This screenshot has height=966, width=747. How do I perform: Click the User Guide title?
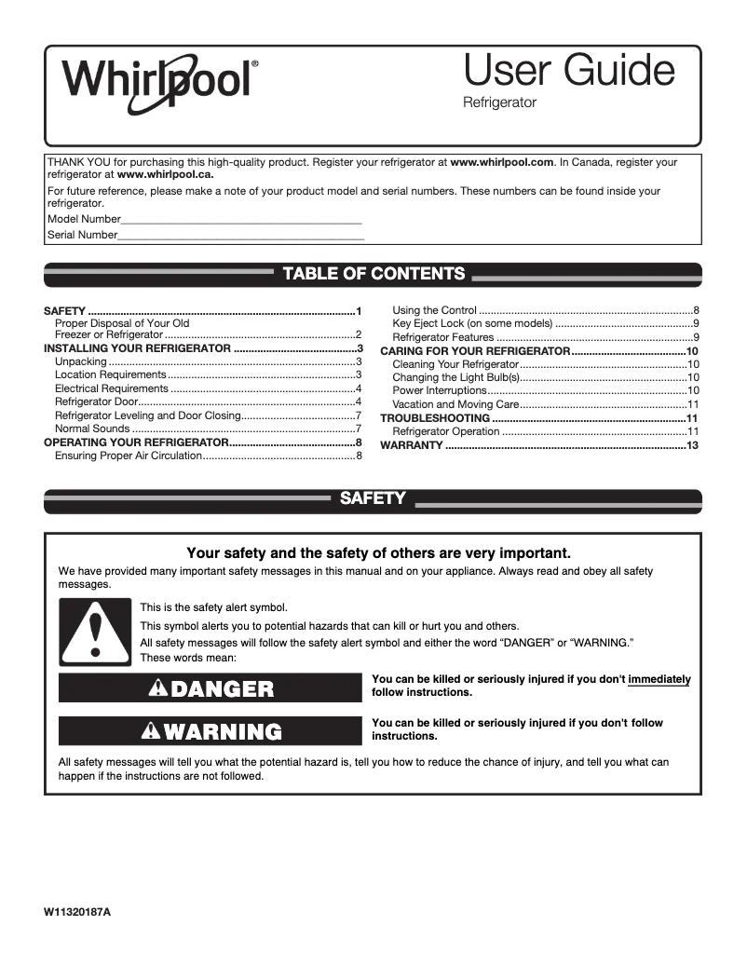pyautogui.click(x=568, y=71)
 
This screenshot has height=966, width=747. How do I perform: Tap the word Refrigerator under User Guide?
pyautogui.click(x=499, y=103)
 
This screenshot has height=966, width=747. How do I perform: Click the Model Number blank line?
pyautogui.click(x=241, y=220)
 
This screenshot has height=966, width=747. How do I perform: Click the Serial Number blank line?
pyautogui.click(x=241, y=237)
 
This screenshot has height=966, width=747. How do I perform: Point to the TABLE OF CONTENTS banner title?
pyautogui.click(x=373, y=274)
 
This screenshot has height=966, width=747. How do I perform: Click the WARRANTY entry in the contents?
pyautogui.click(x=412, y=446)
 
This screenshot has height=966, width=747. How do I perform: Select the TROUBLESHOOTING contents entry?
pyautogui.click(x=435, y=418)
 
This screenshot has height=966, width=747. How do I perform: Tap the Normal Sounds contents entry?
pyautogui.click(x=92, y=429)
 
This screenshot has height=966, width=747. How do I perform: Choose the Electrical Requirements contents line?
pyautogui.click(x=112, y=388)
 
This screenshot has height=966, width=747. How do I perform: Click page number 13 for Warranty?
pyautogui.click(x=692, y=446)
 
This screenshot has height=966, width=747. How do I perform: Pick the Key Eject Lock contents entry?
pyautogui.click(x=472, y=323)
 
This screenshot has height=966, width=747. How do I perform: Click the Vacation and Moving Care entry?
pyautogui.click(x=455, y=404)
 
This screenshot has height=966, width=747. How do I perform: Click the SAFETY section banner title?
pyautogui.click(x=373, y=499)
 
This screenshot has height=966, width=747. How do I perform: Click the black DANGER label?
pyautogui.click(x=210, y=688)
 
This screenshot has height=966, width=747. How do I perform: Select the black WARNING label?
pyautogui.click(x=210, y=731)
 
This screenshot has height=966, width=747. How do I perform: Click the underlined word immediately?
pyautogui.click(x=659, y=680)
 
